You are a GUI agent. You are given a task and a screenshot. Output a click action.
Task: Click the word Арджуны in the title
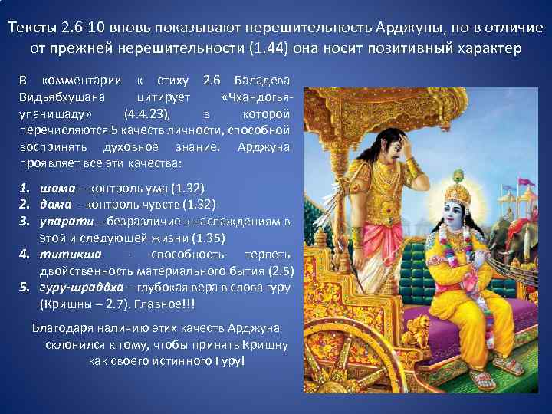tap(411, 28)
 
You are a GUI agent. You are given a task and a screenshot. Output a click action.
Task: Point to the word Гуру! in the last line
tap(228, 359)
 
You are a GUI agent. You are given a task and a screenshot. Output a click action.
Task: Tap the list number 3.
tap(24, 222)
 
